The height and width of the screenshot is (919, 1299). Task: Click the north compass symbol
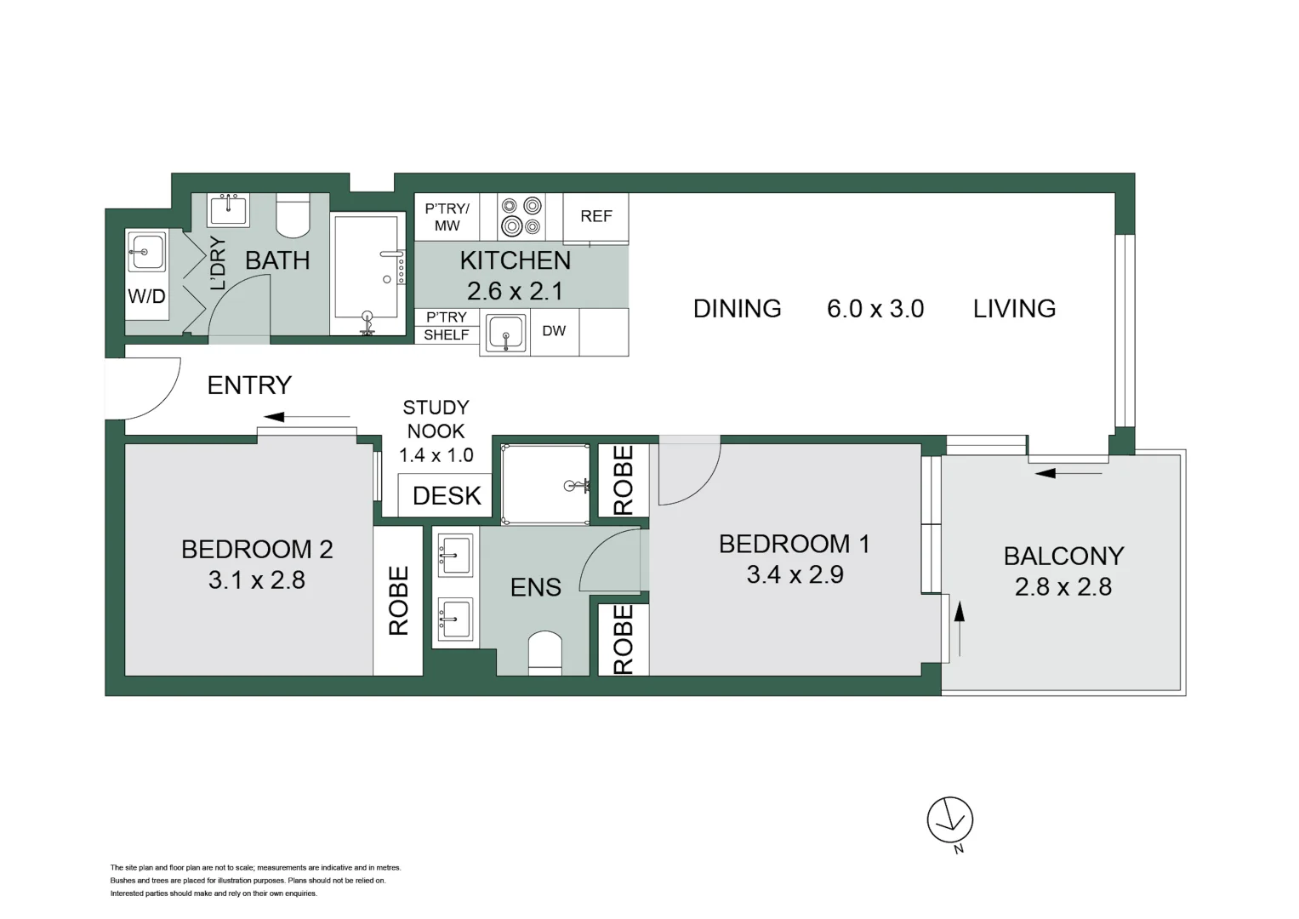[949, 821]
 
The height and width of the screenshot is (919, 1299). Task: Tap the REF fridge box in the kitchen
[595, 216]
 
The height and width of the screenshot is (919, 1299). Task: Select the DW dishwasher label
[554, 331]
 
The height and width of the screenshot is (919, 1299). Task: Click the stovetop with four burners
[521, 216]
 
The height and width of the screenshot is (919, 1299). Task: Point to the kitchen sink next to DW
[505, 333]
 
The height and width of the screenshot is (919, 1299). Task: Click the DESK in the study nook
[446, 495]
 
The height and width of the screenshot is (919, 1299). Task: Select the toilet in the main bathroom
[294, 216]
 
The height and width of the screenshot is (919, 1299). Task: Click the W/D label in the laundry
[146, 297]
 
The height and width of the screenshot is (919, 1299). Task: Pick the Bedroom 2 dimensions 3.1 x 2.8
[256, 580]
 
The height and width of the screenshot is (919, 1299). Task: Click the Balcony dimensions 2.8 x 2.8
[1063, 587]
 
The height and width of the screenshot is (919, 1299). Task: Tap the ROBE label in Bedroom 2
[398, 601]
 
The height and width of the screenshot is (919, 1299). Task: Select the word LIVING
[1014, 308]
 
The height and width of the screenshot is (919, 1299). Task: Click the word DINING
[737, 308]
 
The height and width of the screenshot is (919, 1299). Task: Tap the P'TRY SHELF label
[446, 326]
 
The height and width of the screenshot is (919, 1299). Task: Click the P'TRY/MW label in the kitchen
[447, 217]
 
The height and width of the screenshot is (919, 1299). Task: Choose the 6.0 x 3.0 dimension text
[875, 308]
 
